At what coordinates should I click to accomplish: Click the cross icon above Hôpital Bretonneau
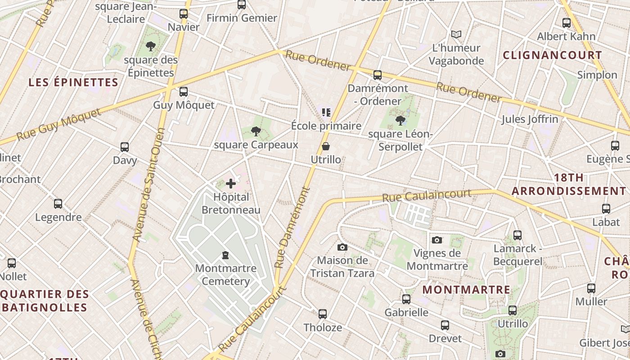tap(231, 184)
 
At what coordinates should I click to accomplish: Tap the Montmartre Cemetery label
tap(226, 274)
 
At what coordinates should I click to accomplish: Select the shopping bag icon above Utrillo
tap(326, 146)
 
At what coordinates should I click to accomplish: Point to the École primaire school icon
tap(326, 112)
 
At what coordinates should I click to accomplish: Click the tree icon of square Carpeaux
tap(256, 131)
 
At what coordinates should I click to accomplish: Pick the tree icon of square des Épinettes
tap(151, 46)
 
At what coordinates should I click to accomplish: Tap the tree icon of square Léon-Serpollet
tap(400, 121)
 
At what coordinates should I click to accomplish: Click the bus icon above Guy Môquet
tap(184, 92)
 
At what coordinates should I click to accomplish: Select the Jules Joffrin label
tap(530, 119)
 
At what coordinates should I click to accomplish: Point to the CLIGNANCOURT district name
tap(552, 55)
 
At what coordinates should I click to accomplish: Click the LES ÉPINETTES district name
tap(73, 82)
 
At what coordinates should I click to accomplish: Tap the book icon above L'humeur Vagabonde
tap(456, 34)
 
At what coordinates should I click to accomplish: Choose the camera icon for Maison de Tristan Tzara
tap(342, 247)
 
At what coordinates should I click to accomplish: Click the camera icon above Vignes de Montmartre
tap(436, 240)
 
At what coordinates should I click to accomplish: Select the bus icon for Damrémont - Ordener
tap(378, 75)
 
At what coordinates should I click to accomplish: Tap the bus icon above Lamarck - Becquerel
tap(517, 235)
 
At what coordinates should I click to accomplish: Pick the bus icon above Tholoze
tap(323, 314)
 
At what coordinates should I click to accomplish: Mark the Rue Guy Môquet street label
tap(59, 124)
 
